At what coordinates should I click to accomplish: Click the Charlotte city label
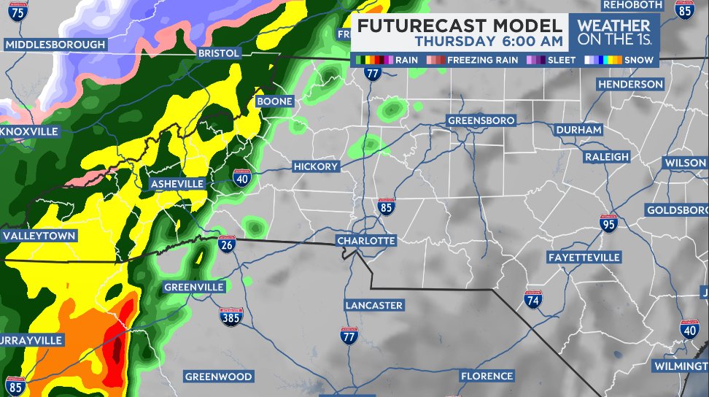click(366, 241)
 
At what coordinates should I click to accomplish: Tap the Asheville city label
click(177, 184)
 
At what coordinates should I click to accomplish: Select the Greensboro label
click(481, 120)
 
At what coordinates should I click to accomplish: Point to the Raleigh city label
click(606, 157)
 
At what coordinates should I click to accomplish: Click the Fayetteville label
click(584, 258)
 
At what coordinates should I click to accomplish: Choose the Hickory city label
click(316, 166)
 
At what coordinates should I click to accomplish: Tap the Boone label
click(274, 101)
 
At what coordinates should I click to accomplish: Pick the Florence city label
click(487, 376)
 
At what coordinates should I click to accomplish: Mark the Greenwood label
click(218, 377)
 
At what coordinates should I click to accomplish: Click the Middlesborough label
click(55, 45)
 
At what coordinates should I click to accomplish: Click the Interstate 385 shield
click(230, 317)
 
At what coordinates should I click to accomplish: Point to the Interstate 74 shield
click(533, 299)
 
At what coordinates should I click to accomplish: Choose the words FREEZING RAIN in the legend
click(482, 60)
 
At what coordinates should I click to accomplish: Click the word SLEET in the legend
click(562, 60)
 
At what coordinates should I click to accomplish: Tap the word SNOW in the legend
click(639, 60)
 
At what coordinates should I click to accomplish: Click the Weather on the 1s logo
click(613, 33)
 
